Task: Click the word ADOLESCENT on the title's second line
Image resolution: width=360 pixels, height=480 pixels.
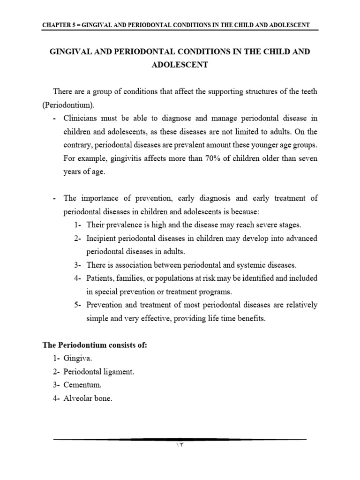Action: (180, 65)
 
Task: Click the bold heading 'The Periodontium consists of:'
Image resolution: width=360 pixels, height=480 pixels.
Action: (95, 345)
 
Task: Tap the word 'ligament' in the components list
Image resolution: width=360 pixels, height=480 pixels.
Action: (120, 371)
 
